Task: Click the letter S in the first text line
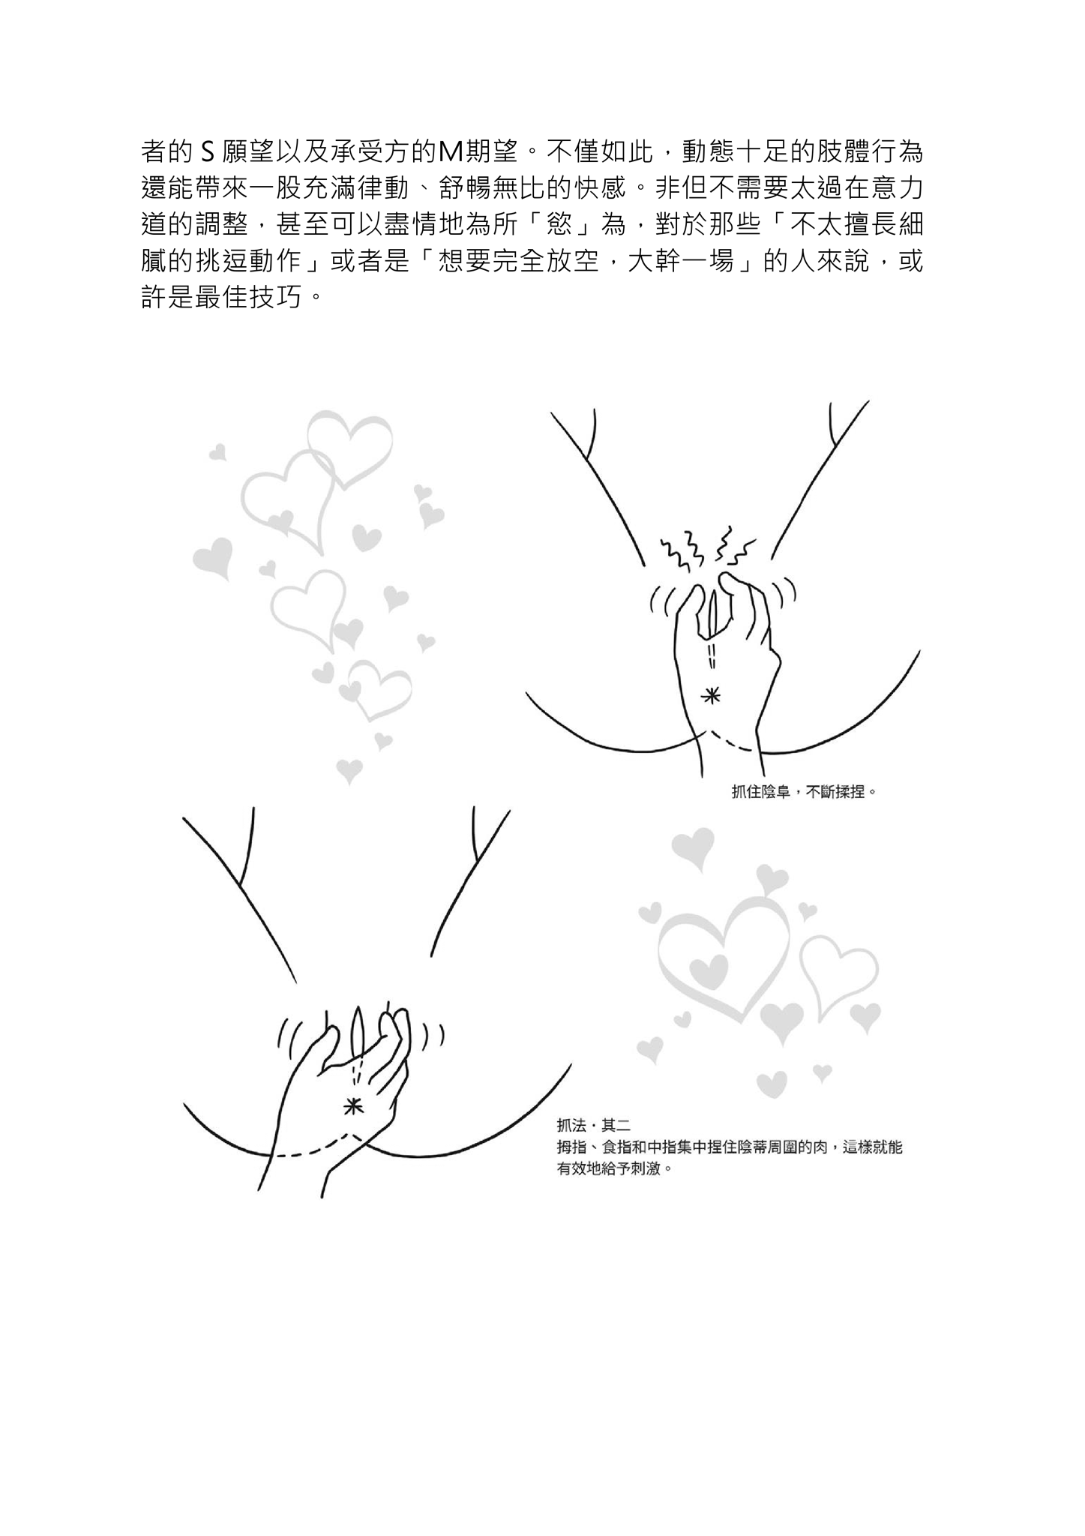[209, 153]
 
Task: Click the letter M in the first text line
[449, 153]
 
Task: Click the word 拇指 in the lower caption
[571, 1147]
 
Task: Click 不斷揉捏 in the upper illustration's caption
[836, 791]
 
